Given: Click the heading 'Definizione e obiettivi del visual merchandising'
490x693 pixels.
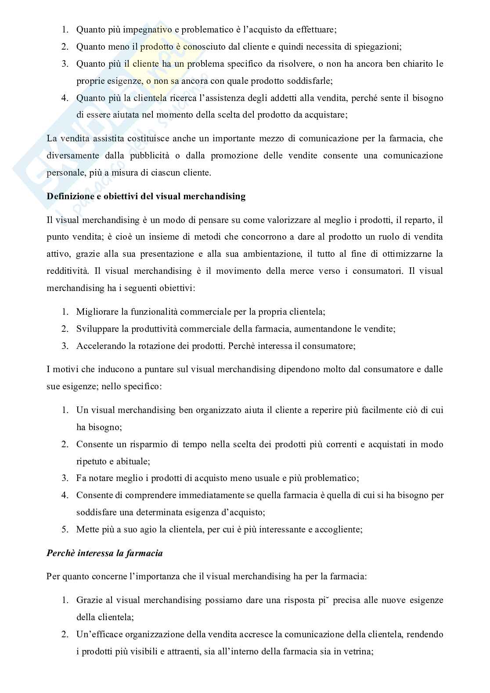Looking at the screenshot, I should tap(146, 196).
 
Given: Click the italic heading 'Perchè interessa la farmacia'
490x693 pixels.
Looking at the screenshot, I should tap(104, 553).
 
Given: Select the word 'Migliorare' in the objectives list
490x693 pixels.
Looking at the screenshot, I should tap(96, 312).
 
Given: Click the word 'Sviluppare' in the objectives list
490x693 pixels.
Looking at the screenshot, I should tap(95, 329).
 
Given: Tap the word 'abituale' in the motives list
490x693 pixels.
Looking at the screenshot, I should tap(134, 461).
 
